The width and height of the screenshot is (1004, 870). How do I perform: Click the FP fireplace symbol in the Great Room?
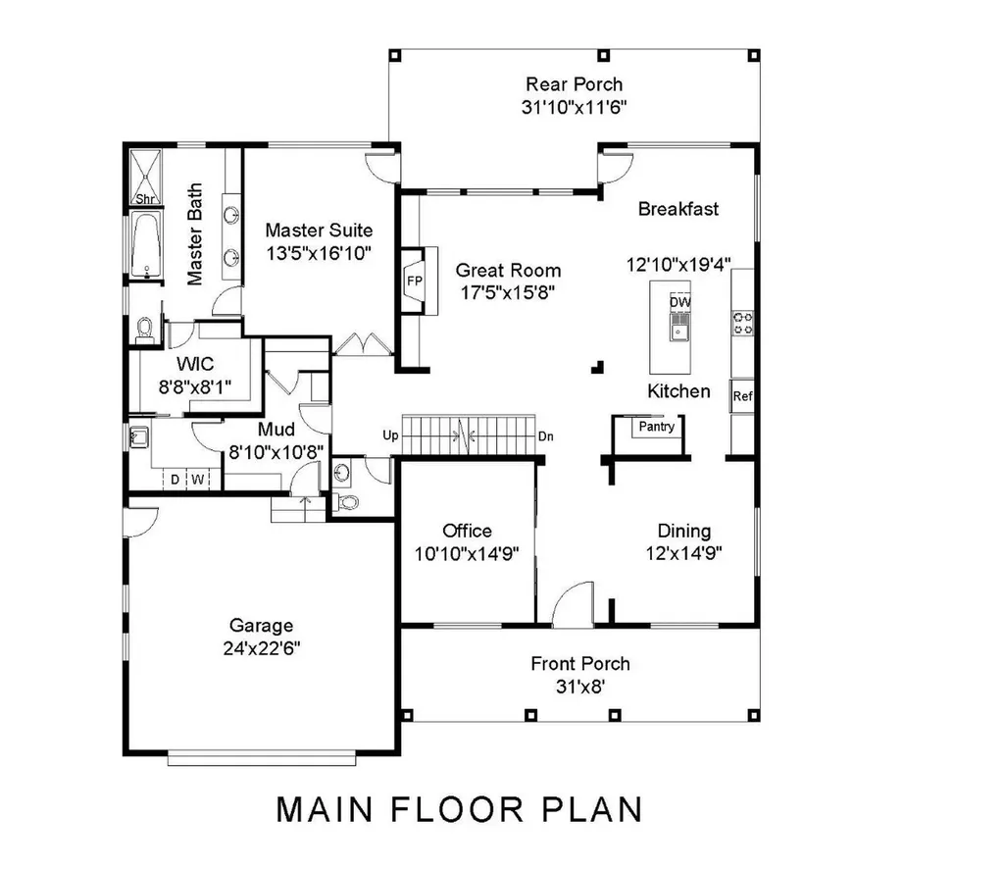click(x=413, y=281)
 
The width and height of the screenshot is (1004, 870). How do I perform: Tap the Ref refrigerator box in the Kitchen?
click(x=742, y=397)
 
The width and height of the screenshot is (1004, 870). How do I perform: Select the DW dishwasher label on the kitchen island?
click(x=679, y=303)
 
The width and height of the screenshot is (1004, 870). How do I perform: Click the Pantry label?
click(x=656, y=428)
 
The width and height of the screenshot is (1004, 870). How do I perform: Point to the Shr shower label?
click(x=144, y=199)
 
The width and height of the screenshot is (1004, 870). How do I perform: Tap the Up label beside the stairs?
click(x=388, y=435)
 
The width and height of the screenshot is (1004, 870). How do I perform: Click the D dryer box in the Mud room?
click(x=175, y=480)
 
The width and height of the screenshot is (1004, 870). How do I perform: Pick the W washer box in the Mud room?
click(x=196, y=480)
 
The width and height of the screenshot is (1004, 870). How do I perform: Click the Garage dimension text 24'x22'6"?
click(x=261, y=648)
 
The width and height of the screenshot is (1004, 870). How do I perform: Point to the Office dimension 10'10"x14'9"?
click(x=467, y=554)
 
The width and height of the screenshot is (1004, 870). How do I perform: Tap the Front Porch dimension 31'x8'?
click(x=579, y=688)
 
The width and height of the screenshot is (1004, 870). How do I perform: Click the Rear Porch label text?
click(x=574, y=84)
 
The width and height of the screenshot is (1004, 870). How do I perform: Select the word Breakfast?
click(x=678, y=209)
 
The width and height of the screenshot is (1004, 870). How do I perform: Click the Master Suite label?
click(x=319, y=231)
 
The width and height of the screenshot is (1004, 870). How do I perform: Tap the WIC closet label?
click(x=195, y=364)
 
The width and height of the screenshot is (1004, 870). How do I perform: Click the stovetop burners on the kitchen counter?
click(x=743, y=323)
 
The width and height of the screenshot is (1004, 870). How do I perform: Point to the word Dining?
click(x=683, y=531)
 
